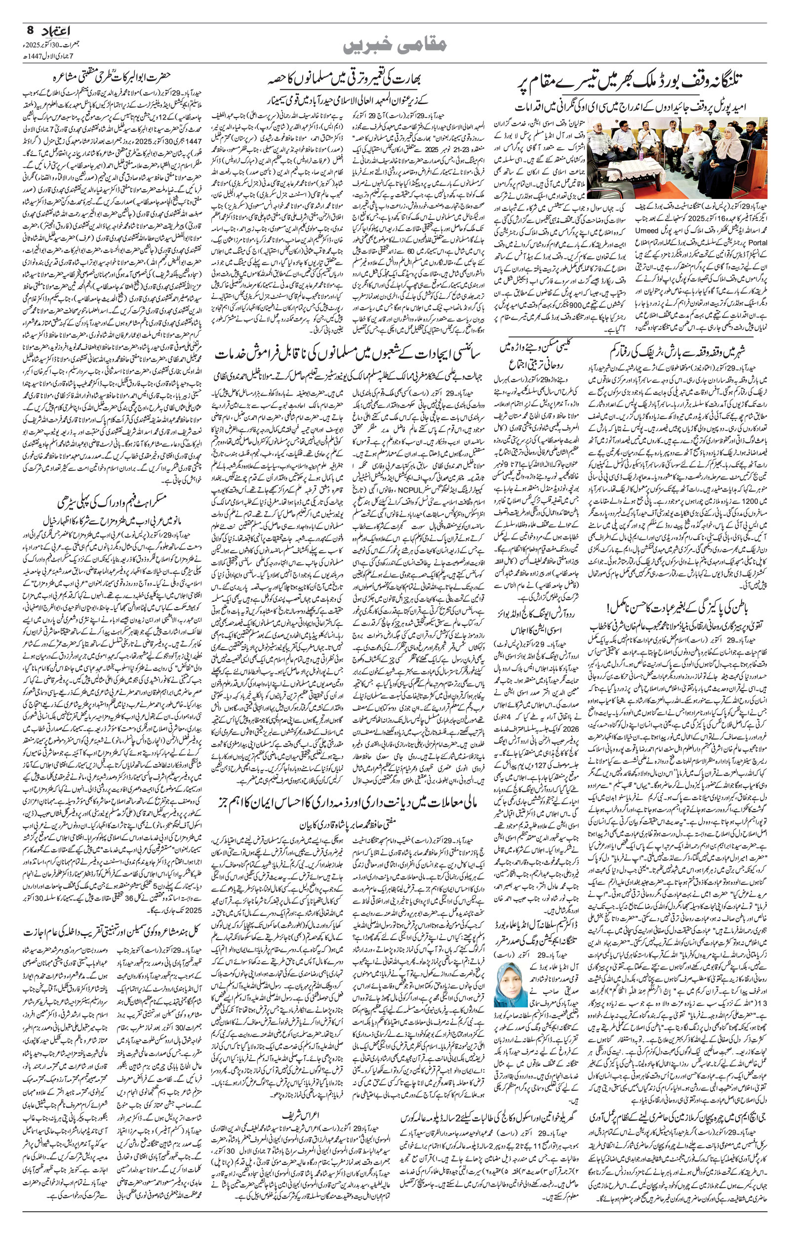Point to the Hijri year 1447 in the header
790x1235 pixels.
[34, 55]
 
